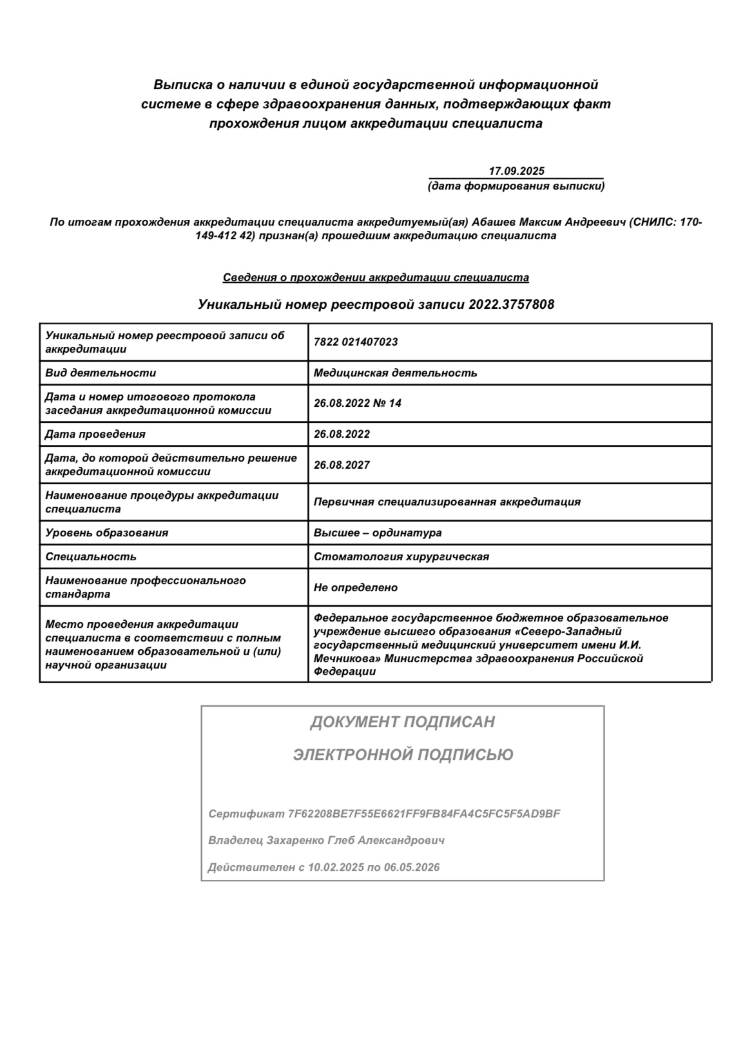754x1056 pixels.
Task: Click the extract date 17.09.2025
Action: click(516, 171)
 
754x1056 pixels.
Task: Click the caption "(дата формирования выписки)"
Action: click(516, 186)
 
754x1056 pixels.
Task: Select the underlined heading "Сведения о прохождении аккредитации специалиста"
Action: click(376, 277)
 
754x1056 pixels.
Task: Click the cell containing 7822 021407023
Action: click(356, 342)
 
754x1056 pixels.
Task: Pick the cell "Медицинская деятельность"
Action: click(395, 373)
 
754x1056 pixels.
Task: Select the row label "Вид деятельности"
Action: click(101, 373)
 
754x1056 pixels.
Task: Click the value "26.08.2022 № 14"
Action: click(358, 403)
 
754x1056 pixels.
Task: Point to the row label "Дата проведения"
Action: click(95, 434)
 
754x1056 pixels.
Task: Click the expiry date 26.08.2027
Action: click(342, 465)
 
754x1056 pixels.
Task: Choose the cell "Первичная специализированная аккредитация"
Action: click(447, 502)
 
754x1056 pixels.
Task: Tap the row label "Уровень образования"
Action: click(106, 533)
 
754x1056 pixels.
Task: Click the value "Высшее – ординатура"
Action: click(378, 533)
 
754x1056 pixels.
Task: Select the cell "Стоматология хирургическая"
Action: click(401, 556)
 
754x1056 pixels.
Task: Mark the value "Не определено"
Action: click(355, 587)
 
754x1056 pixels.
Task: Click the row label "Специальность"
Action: click(91, 556)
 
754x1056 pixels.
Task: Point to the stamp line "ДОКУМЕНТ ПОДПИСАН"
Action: click(402, 722)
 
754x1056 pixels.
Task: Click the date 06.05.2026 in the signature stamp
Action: click(412, 867)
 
